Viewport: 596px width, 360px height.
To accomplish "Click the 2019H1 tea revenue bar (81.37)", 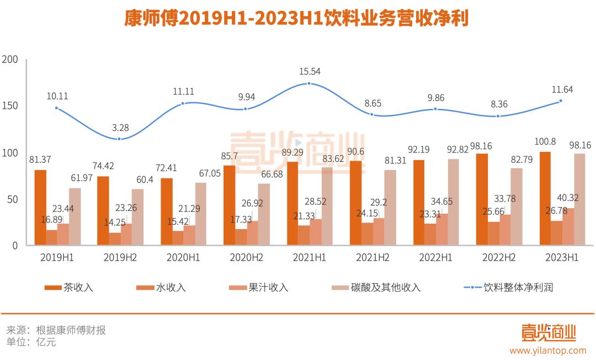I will point(40,207).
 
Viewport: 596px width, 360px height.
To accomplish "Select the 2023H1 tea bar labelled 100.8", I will point(545,198).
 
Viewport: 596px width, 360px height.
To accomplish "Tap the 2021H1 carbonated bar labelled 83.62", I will point(327,206).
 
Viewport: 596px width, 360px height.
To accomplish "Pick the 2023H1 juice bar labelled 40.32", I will point(567,226).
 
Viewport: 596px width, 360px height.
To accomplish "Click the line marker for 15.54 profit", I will point(309,83).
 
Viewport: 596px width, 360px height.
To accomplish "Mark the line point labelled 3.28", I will point(119,139).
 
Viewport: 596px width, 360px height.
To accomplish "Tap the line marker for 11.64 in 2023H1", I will point(561,100).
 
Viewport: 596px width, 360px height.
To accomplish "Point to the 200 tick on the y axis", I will point(10,60).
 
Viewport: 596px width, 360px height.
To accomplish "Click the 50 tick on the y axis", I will point(13,199).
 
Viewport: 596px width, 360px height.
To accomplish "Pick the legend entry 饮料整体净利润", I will point(518,288).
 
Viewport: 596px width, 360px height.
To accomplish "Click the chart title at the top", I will point(296,20).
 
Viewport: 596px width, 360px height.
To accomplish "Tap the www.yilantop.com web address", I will point(547,350).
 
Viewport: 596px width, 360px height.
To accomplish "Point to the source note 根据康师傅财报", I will point(71,330).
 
